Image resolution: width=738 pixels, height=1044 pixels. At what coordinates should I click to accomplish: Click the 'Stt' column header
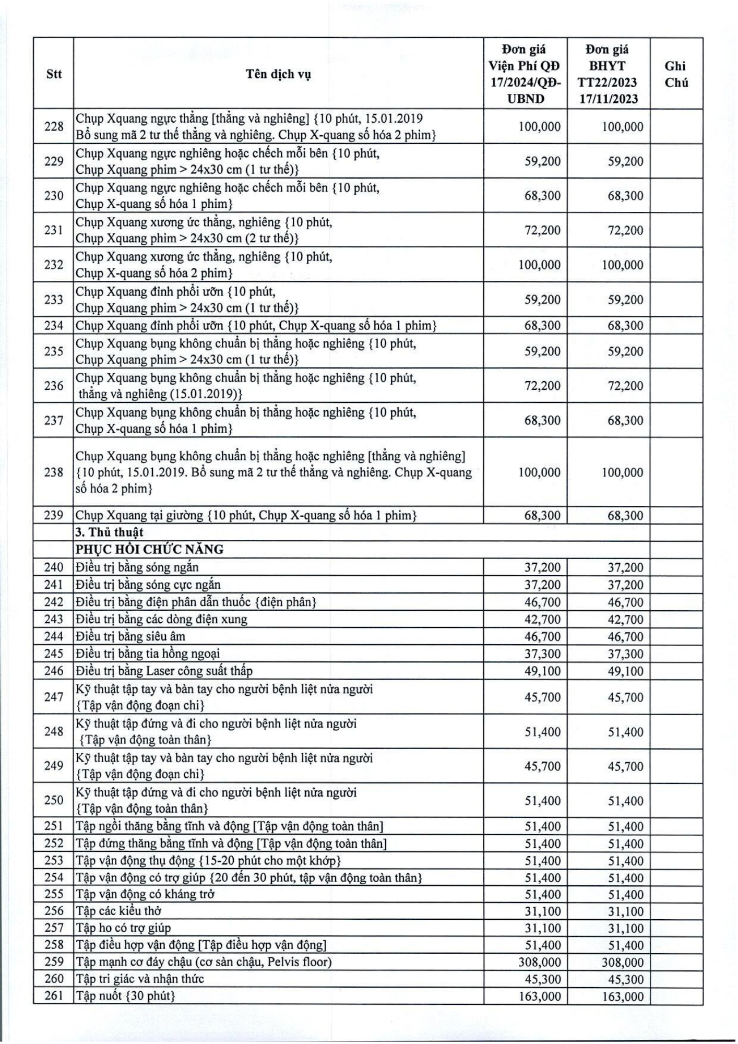[54, 74]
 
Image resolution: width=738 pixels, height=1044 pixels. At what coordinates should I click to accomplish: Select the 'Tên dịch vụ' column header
[278, 74]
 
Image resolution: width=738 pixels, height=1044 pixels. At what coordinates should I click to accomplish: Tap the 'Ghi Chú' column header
[676, 74]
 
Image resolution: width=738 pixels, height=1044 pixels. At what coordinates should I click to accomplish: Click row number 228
[54, 127]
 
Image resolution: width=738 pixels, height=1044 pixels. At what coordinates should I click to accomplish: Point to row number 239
[54, 516]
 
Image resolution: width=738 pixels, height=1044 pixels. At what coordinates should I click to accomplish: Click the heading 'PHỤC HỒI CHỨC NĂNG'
[149, 550]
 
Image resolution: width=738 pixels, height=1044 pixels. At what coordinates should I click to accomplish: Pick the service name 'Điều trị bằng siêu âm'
[130, 636]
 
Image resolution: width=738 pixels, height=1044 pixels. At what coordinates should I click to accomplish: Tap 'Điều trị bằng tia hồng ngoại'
[148, 654]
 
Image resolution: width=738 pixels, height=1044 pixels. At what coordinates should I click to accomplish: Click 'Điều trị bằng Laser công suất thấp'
[164, 671]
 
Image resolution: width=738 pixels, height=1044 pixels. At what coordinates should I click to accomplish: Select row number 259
[54, 962]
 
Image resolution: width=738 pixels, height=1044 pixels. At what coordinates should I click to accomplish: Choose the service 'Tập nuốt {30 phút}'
[125, 995]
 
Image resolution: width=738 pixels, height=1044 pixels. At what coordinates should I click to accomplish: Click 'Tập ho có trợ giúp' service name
[123, 928]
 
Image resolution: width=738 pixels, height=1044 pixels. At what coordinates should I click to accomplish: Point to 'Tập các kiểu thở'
[118, 911]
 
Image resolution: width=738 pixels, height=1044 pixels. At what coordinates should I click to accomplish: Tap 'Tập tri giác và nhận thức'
[140, 979]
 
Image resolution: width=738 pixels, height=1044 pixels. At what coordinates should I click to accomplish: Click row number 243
[54, 620]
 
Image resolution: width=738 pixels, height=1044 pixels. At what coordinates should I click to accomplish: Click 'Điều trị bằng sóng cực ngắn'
[148, 585]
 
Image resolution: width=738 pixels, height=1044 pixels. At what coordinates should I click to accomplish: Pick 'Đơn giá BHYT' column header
[608, 74]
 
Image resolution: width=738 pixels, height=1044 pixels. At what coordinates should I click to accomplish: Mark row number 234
[54, 326]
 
